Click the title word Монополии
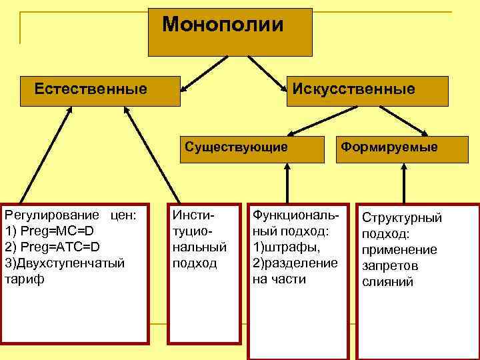pyautogui.click(x=223, y=25)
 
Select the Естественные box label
pyautogui.click(x=91, y=89)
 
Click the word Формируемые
pyautogui.click(x=390, y=147)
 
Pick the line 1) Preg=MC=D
pyautogui.click(x=49, y=231)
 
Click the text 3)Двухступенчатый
pyautogui.click(x=65, y=263)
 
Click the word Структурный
pyautogui.click(x=401, y=218)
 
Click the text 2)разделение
pyautogui.click(x=295, y=263)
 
